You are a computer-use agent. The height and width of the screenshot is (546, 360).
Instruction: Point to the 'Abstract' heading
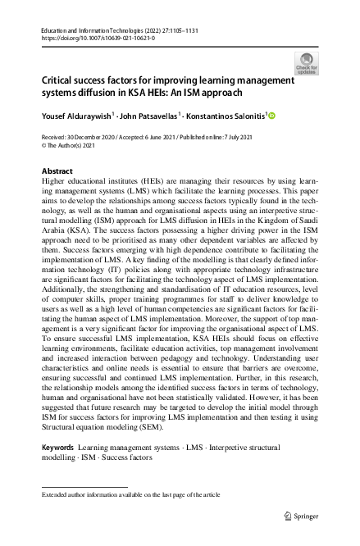pos(57,171)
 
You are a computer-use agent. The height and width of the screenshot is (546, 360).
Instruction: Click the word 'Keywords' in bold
pos(57,447)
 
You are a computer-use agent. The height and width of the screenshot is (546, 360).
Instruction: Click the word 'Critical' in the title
pos(60,80)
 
